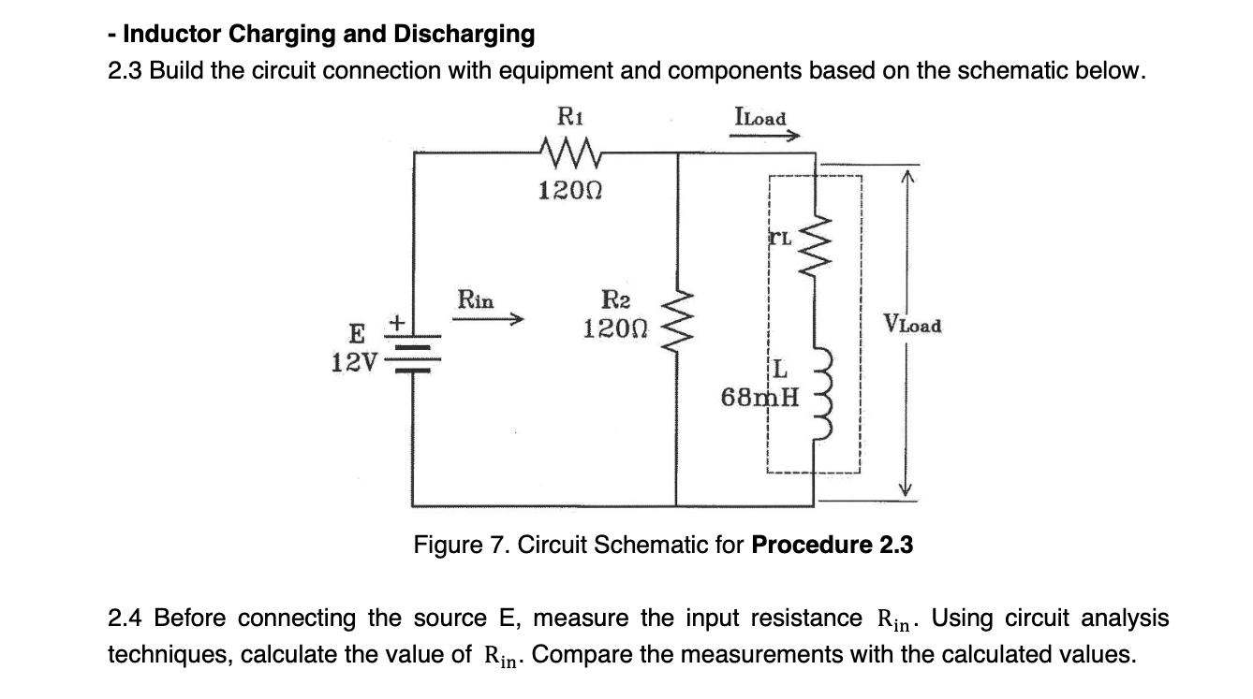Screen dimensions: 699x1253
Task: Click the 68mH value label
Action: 760,398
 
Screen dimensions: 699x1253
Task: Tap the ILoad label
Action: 761,118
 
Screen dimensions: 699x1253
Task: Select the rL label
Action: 781,238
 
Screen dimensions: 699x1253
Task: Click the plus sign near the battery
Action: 396,322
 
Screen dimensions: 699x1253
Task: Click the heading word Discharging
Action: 464,35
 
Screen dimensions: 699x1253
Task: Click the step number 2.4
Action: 126,619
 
